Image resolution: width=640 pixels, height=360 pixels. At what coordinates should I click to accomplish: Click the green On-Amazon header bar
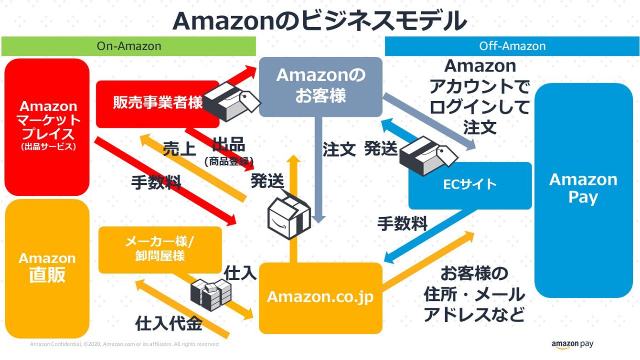(x=129, y=46)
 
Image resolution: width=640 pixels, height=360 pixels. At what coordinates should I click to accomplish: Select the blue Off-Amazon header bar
(x=512, y=46)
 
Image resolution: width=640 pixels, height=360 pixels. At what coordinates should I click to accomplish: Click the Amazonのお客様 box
(x=320, y=86)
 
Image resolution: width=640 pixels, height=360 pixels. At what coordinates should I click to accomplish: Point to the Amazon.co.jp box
(x=320, y=297)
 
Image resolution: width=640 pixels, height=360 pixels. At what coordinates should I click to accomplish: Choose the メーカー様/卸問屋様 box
(x=160, y=249)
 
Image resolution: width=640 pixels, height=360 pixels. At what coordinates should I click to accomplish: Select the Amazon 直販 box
(x=47, y=267)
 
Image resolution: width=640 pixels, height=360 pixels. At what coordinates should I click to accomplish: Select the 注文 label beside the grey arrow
(x=339, y=149)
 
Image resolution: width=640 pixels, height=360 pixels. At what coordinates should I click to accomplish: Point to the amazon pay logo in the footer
(x=572, y=344)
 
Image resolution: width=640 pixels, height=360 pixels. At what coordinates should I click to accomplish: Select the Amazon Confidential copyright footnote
(x=124, y=344)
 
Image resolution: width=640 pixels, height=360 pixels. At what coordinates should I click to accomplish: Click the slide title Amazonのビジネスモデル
(x=320, y=21)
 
